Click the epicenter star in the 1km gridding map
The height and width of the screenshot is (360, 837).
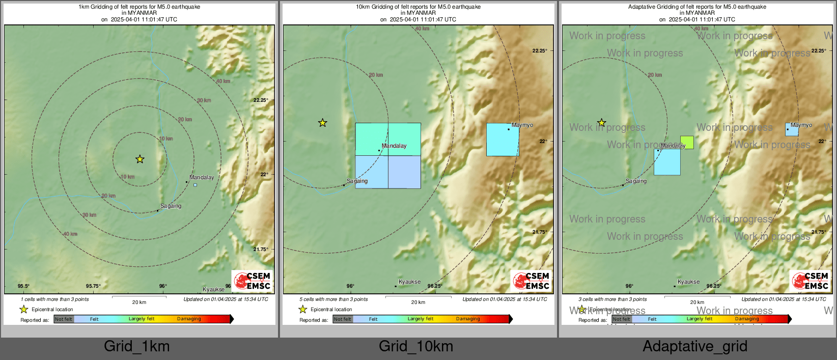[x=140, y=159]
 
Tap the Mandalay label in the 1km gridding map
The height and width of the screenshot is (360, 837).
[x=202, y=177]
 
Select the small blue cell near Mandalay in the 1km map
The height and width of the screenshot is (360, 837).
[x=195, y=185]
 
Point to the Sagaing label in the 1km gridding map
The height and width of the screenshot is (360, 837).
[x=171, y=206]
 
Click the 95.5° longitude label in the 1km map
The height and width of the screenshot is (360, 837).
[x=23, y=286]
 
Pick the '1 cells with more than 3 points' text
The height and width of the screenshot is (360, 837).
[x=55, y=299]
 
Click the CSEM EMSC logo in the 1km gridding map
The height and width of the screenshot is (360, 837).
[x=253, y=281]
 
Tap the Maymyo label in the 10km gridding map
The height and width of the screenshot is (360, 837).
[x=522, y=125]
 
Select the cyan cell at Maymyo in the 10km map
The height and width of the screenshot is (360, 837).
[x=503, y=140]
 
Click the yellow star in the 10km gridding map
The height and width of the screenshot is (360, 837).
[x=323, y=123]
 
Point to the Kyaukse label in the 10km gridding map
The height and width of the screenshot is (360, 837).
[x=409, y=282]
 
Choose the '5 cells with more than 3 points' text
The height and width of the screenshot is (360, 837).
[x=334, y=299]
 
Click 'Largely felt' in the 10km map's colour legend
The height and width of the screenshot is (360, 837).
[x=421, y=319]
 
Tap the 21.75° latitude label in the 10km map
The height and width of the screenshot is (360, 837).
[x=540, y=232]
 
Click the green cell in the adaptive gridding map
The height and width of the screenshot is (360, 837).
[x=687, y=143]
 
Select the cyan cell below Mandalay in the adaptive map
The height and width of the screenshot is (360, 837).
[x=667, y=162]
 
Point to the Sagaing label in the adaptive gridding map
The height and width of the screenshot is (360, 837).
[x=636, y=181]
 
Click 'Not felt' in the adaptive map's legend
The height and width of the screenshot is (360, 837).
[x=621, y=319]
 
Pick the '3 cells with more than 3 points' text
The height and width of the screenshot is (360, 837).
[x=612, y=299]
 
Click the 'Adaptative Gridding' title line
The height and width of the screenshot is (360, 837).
[x=697, y=7]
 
